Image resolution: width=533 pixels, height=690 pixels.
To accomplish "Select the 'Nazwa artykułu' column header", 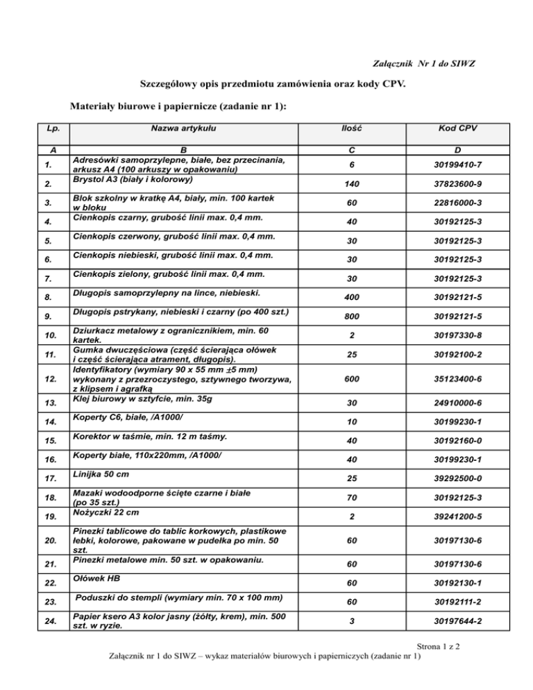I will tap(183, 128).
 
